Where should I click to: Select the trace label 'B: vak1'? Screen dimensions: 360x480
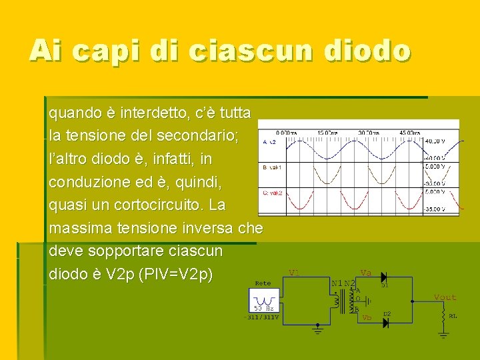(273, 167)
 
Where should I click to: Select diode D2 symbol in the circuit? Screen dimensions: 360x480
(385, 322)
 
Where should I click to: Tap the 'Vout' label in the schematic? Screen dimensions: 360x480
(445, 297)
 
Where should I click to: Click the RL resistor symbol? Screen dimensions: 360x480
(443, 323)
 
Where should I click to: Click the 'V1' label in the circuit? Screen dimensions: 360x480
(295, 272)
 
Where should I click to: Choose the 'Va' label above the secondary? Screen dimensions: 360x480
(365, 272)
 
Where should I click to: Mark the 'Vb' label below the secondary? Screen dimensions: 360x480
(366, 318)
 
